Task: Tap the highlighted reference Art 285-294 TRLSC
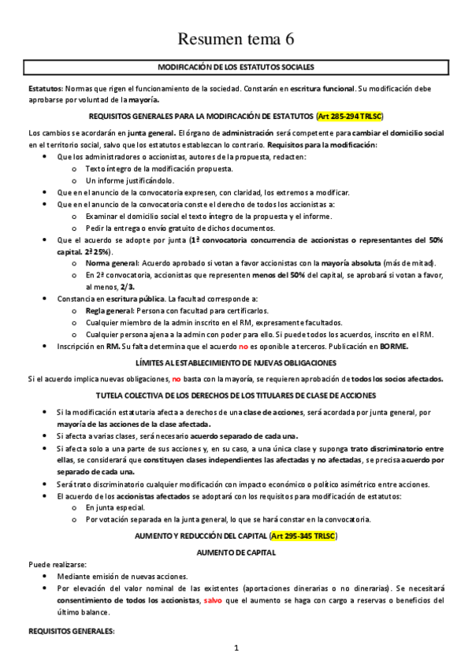[x=349, y=116]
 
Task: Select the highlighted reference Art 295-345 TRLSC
[x=303, y=536]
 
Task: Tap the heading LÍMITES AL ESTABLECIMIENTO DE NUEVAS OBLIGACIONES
[x=236, y=362]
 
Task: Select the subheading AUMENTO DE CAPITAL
[x=236, y=552]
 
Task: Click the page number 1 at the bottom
[x=236, y=648]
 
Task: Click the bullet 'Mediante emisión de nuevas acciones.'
[x=122, y=576]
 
